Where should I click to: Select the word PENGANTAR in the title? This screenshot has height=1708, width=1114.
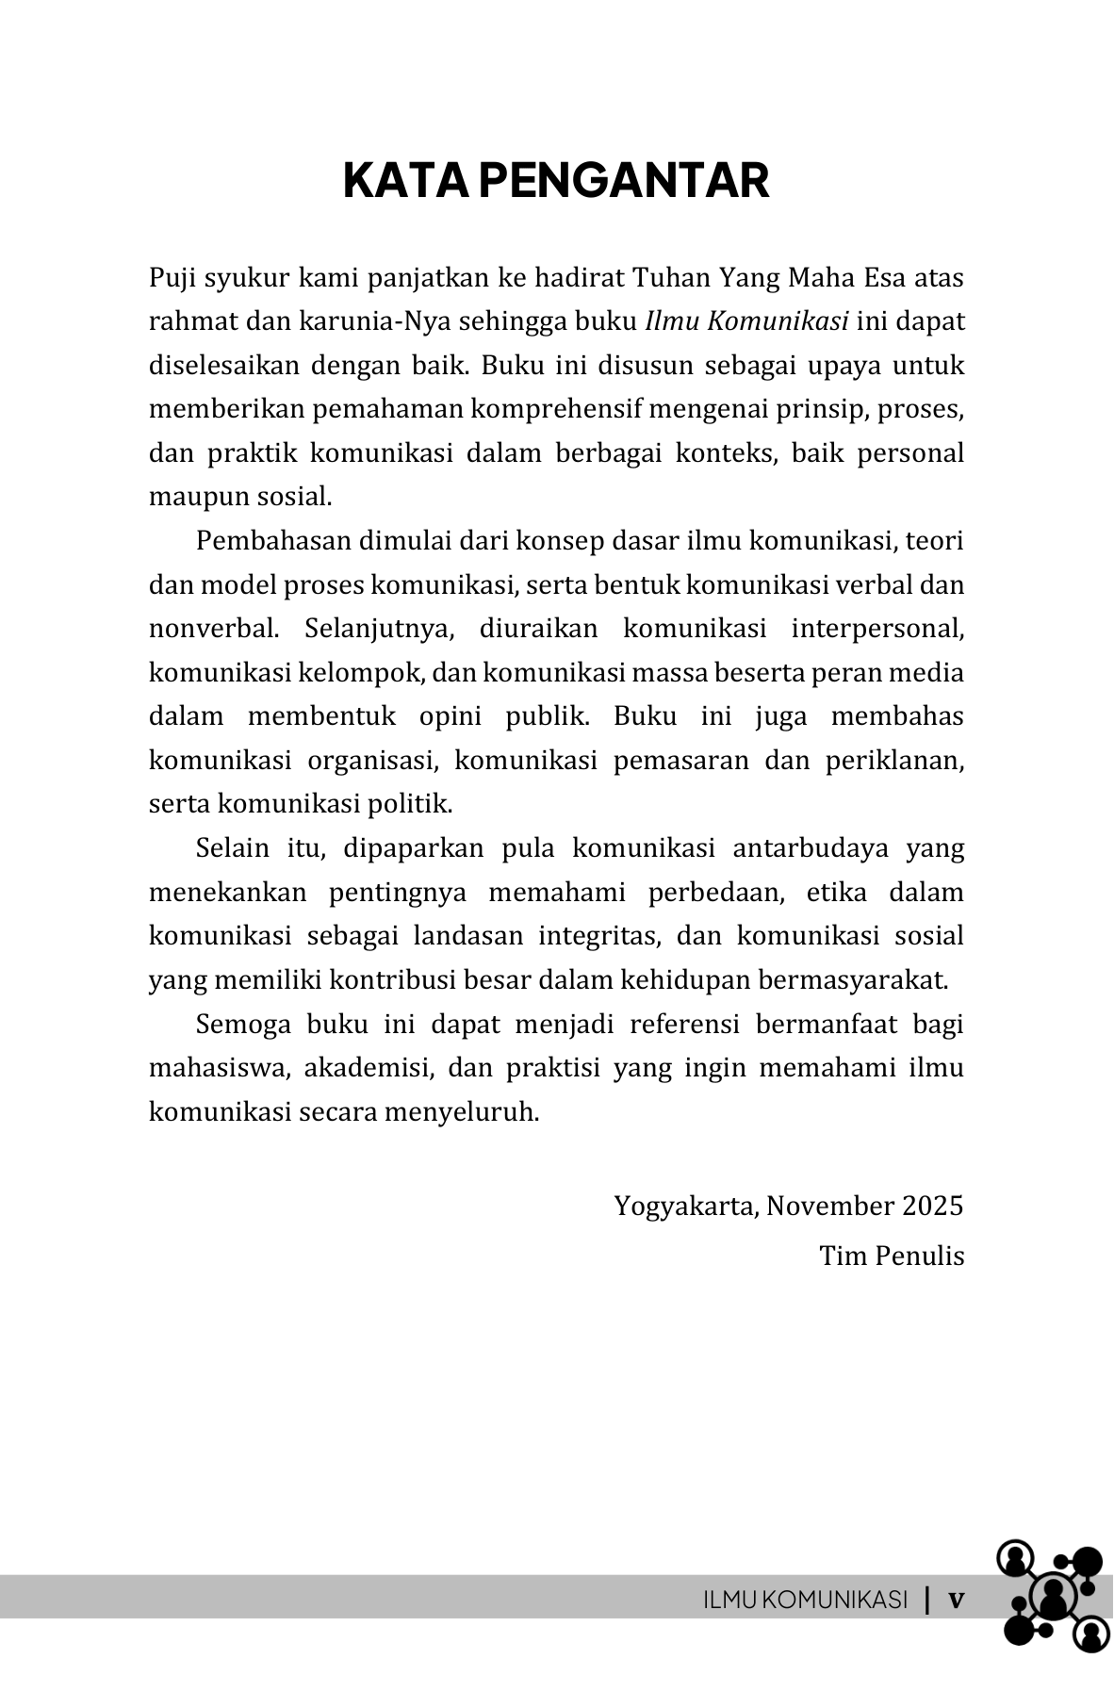[x=624, y=180]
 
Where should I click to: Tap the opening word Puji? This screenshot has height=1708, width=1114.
[x=172, y=279]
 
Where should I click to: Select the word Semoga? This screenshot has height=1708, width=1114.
[x=243, y=1025]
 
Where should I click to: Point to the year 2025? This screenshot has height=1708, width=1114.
[x=932, y=1207]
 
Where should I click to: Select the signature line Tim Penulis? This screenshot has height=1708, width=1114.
[x=892, y=1256]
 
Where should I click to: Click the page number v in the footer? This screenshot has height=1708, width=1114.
[x=956, y=1600]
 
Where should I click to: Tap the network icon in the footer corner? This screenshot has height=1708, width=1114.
[x=1050, y=1596]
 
